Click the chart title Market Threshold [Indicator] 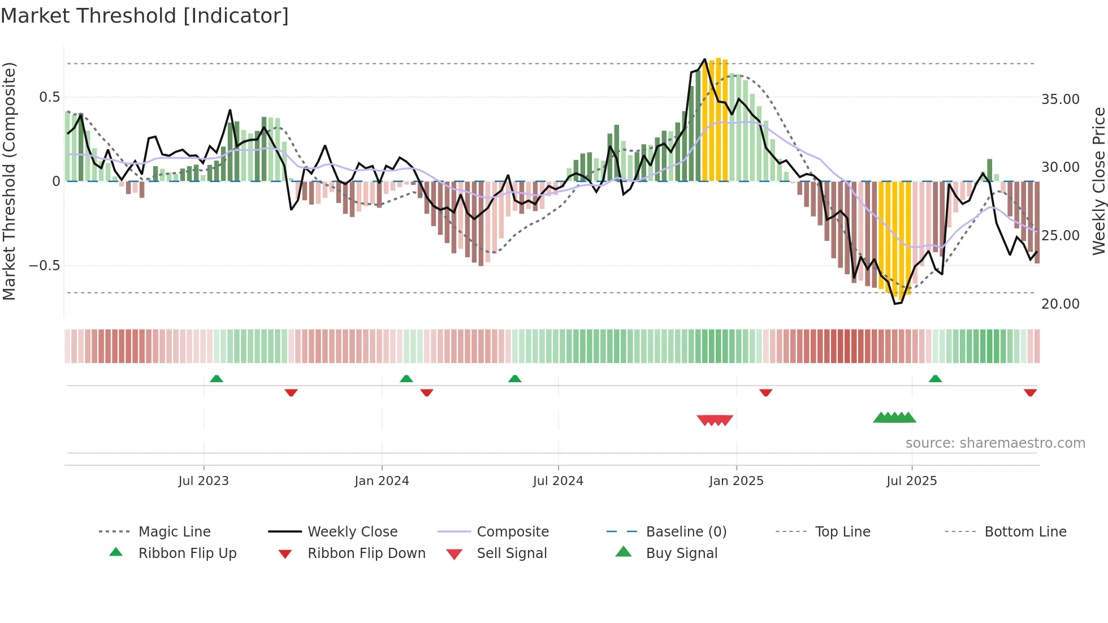[145, 16]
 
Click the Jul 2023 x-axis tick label [204, 481]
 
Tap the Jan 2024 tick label [382, 481]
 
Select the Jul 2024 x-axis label [558, 481]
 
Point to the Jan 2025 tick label [736, 481]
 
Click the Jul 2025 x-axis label [911, 481]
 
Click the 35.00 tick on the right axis [1060, 99]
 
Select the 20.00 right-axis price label [1060, 304]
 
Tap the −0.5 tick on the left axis [44, 266]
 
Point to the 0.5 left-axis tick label [49, 97]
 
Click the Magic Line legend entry [174, 532]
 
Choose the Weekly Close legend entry [352, 532]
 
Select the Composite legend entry [512, 532]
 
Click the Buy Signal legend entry [681, 553]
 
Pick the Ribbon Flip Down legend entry [366, 553]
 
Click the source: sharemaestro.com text [995, 443]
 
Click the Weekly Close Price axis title [1098, 181]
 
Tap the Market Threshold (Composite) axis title [9, 181]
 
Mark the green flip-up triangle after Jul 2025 [935, 379]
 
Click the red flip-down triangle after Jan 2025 [765, 392]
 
